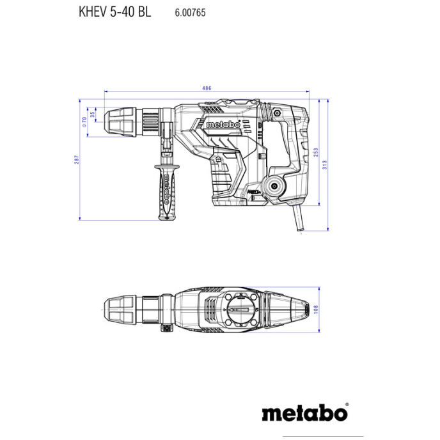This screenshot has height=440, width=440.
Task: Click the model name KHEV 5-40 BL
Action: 115,12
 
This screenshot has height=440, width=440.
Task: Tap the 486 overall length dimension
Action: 207,88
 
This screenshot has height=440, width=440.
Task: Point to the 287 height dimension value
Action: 75,160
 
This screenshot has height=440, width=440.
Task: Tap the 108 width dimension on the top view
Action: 316,309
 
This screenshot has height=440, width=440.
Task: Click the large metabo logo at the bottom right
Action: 304,413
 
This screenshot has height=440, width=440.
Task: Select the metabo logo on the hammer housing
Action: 223,125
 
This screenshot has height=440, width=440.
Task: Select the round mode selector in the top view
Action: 239,310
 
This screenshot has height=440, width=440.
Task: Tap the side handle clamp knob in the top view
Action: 167,329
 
